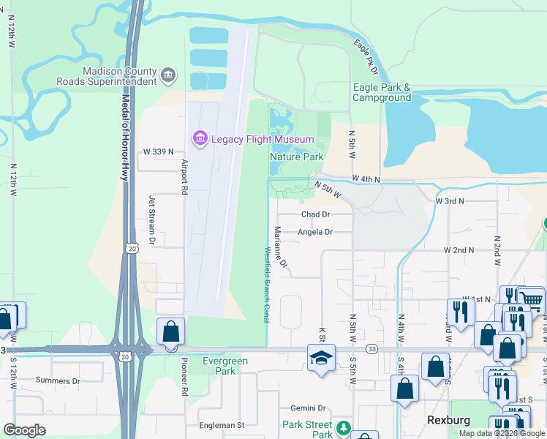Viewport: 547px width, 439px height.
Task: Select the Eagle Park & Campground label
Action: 382,92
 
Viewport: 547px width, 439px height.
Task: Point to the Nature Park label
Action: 297,157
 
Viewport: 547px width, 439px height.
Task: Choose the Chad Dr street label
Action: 316,214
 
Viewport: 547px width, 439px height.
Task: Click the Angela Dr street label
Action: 315,232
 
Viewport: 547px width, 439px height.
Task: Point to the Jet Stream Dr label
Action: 153,219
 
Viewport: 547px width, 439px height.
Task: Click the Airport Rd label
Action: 184,176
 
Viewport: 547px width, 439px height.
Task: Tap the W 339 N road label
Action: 159,151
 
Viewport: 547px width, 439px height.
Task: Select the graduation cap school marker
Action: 320,359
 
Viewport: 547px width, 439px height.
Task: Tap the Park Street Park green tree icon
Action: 343,428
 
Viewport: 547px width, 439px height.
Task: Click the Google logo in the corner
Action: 25,430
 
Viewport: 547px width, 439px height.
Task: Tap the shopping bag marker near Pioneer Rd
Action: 170,331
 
